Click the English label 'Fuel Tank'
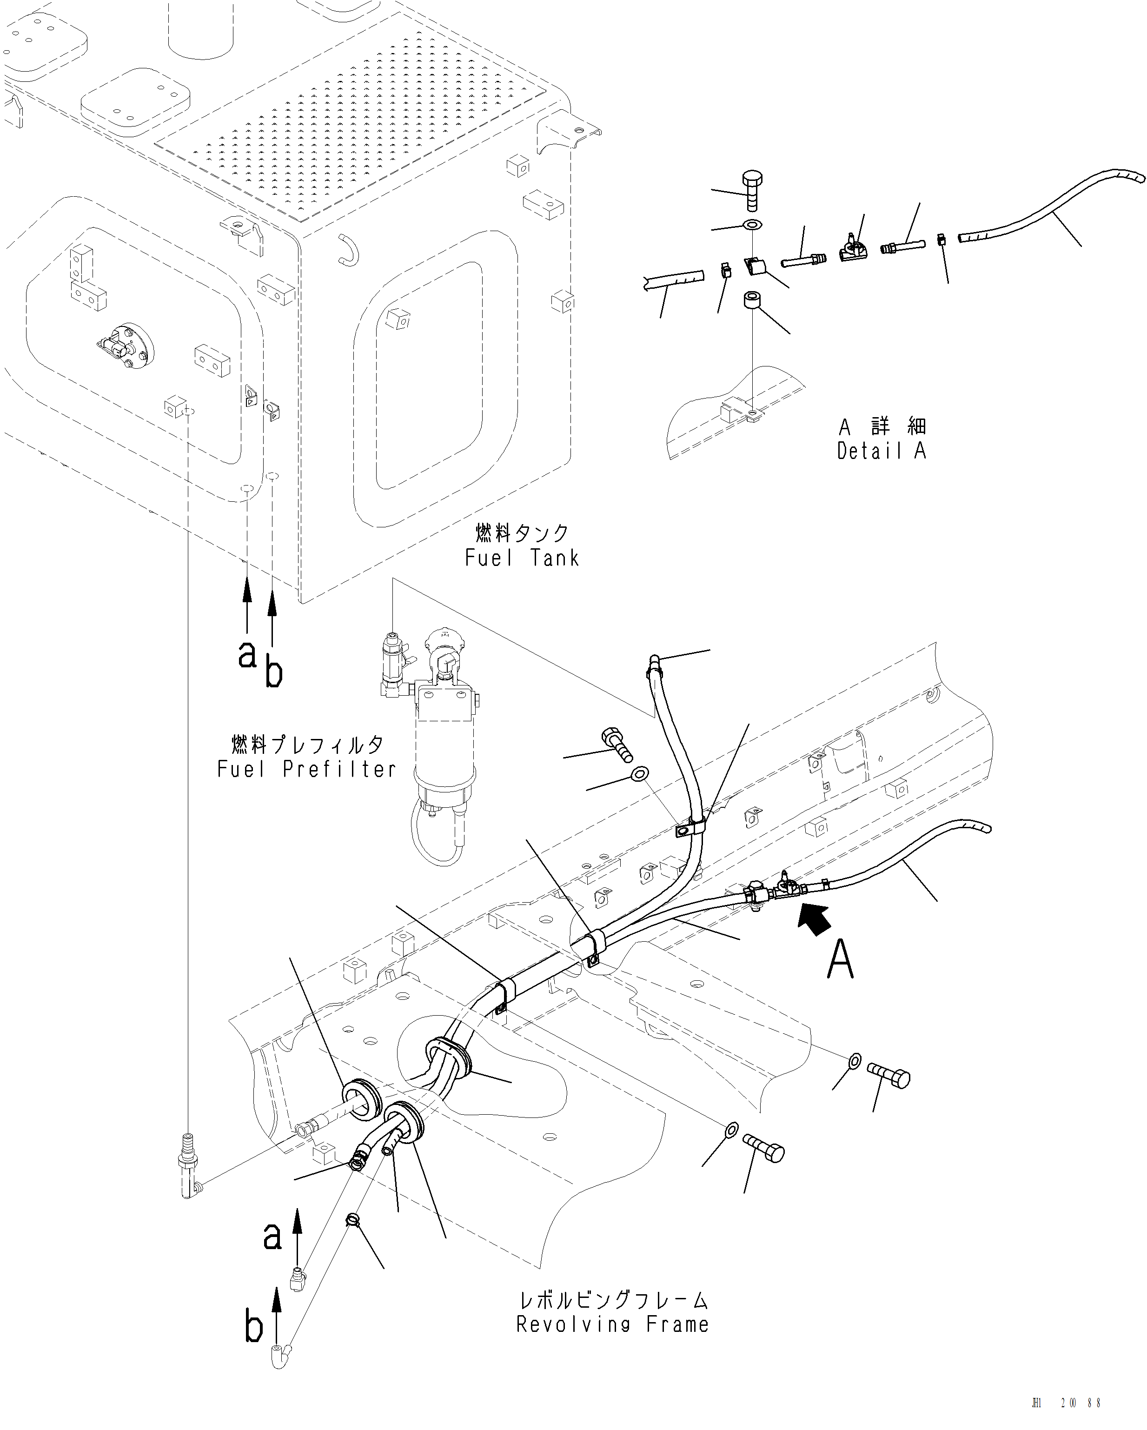point(522,558)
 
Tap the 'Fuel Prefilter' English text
point(306,769)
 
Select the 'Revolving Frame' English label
point(613,1324)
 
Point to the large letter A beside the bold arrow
point(840,960)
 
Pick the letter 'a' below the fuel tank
point(246,655)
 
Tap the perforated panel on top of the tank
point(351,133)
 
